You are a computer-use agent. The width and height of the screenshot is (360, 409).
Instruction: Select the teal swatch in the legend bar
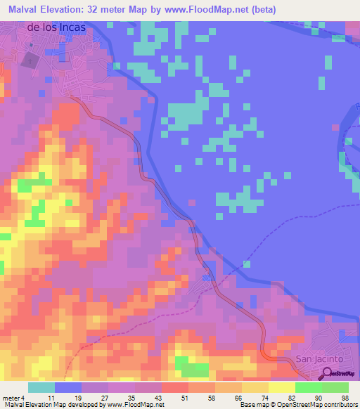(41, 387)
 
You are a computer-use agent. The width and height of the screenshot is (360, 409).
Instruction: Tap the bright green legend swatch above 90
(308, 387)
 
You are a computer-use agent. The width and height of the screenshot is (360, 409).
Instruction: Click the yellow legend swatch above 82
(281, 387)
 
